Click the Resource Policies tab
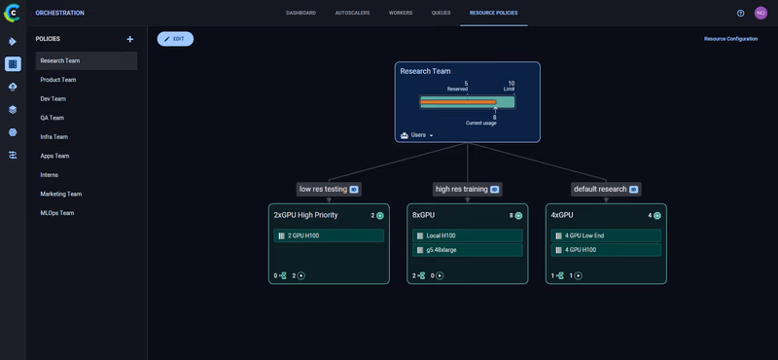click(x=493, y=13)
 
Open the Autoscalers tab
click(x=352, y=13)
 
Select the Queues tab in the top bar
click(x=441, y=13)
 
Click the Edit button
click(x=175, y=39)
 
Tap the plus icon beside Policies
click(x=130, y=39)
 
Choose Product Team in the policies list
click(x=58, y=80)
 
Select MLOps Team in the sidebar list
click(x=57, y=213)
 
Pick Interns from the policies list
click(x=50, y=175)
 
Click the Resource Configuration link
click(x=730, y=39)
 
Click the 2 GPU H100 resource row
click(x=329, y=235)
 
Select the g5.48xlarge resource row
click(x=467, y=250)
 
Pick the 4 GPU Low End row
click(x=606, y=235)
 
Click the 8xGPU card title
click(x=423, y=215)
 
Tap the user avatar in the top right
click(x=760, y=13)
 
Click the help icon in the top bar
click(x=740, y=13)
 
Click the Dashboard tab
click(x=301, y=13)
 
